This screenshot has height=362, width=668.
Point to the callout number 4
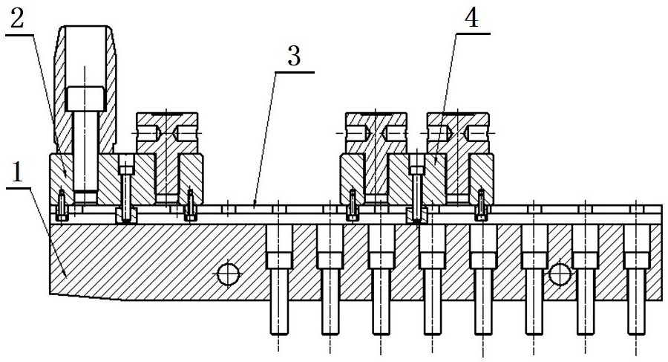(469, 19)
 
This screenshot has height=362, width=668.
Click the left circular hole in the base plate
(227, 274)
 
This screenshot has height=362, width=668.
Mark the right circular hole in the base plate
(558, 276)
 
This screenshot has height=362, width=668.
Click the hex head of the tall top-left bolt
(85, 97)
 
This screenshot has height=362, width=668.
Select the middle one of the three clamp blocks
(376, 156)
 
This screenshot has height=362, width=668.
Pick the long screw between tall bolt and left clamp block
(126, 190)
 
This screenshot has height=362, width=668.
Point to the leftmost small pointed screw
(62, 202)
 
